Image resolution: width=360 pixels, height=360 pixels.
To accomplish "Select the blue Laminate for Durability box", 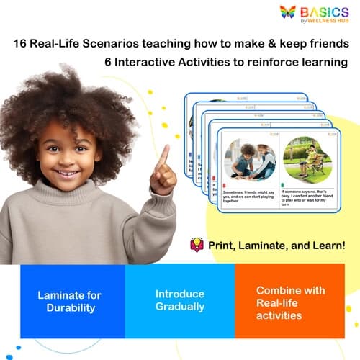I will pos(70,301).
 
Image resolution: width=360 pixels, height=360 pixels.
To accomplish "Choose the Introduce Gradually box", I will pos(180,301).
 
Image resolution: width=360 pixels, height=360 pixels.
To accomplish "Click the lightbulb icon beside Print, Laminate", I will pos(197,245).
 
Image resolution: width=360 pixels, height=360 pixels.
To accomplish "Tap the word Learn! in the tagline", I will pos(327,246).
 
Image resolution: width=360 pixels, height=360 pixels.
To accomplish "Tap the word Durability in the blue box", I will pos(70,308).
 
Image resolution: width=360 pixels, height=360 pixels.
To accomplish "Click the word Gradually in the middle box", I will pos(180,307).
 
